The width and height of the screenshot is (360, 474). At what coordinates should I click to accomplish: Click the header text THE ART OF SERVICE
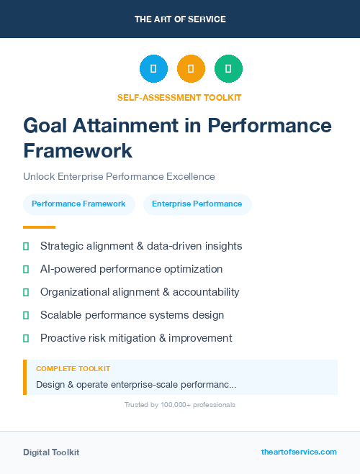pos(180,19)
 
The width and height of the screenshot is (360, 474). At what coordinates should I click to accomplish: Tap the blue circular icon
pos(153,69)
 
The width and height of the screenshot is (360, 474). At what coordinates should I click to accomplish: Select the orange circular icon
pos(191,69)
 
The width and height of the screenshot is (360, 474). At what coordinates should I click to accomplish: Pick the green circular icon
pos(228,69)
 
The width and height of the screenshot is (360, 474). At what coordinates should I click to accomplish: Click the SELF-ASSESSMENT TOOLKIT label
pos(179,97)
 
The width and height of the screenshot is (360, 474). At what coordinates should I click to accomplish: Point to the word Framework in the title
pos(78,150)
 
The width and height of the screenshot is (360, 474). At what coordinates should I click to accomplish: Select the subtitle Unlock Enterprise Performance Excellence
pos(119,176)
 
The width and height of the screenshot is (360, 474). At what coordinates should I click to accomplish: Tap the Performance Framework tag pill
pos(78,204)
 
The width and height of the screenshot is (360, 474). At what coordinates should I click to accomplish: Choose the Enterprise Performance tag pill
pos(197,204)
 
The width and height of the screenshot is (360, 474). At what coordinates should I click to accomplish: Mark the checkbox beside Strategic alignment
pos(26,246)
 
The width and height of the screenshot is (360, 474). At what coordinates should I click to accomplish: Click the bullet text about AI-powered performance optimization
pos(131,269)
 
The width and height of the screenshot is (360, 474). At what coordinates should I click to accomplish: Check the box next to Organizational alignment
pos(26,292)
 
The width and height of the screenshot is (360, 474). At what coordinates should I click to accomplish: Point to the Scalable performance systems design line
pos(132,315)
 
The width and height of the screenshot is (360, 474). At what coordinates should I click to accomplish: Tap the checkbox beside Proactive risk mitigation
pos(26,338)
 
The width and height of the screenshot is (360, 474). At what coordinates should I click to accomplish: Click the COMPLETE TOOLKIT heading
pos(73,369)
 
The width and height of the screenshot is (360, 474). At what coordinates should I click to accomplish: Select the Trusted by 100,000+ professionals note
pos(179,405)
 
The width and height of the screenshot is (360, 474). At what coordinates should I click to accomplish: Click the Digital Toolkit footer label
pos(51,452)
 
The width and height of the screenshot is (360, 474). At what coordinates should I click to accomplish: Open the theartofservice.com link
pos(299,452)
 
